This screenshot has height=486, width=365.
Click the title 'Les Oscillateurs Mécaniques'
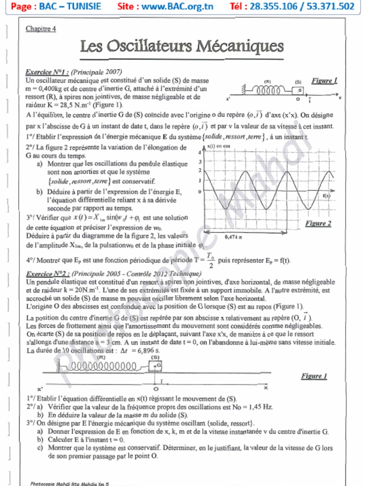182,47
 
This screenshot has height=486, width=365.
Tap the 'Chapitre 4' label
41,28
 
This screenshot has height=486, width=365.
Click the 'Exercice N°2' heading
48,274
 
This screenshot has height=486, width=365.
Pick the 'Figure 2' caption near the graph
318,223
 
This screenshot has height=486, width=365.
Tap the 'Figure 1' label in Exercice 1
324,81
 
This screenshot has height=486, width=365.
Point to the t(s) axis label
327,196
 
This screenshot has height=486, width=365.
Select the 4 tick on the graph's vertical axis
200,153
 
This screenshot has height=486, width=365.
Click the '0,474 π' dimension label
234,236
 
